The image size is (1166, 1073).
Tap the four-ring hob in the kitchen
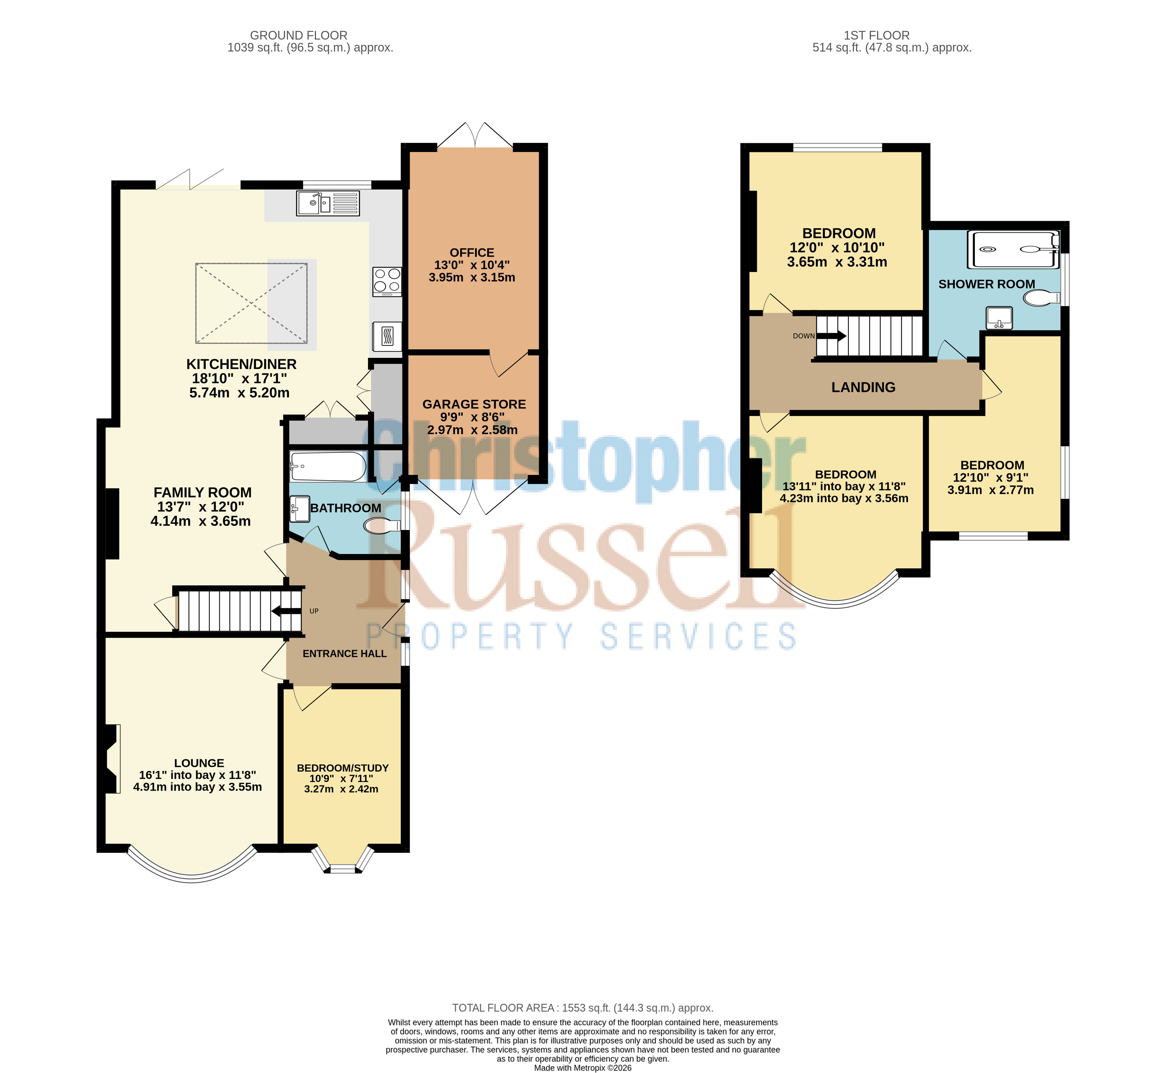[387, 282]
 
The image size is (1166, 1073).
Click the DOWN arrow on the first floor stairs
[832, 336]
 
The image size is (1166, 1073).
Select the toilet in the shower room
[1041, 298]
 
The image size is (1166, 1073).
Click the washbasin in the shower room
[999, 317]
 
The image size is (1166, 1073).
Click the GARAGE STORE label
[474, 404]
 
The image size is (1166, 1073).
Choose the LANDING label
[863, 387]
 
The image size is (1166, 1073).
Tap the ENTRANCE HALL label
[344, 654]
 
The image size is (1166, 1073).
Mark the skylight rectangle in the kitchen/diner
[251, 303]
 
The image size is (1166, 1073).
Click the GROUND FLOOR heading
[299, 36]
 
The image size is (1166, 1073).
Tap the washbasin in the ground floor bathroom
[300, 509]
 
